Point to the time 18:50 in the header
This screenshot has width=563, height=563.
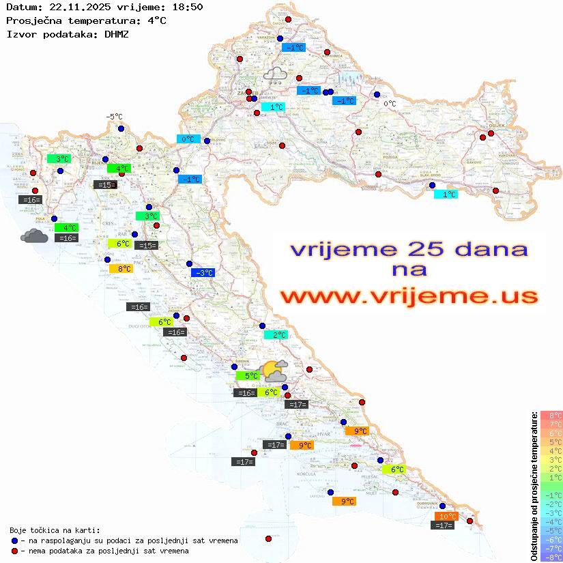186,8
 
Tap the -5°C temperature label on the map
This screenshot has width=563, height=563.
113,117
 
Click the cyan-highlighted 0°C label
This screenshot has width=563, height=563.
187,139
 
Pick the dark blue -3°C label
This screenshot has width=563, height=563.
203,273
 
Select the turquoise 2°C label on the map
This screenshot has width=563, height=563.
276,334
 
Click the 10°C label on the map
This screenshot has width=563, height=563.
446,516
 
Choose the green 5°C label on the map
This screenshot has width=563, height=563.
248,375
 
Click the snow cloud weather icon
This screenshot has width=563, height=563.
276,75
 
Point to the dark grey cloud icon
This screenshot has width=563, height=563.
34,236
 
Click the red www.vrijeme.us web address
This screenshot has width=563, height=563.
409,297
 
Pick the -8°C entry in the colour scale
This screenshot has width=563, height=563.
551,558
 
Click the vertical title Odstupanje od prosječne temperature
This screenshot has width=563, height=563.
534,486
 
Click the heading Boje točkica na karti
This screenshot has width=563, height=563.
55,530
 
